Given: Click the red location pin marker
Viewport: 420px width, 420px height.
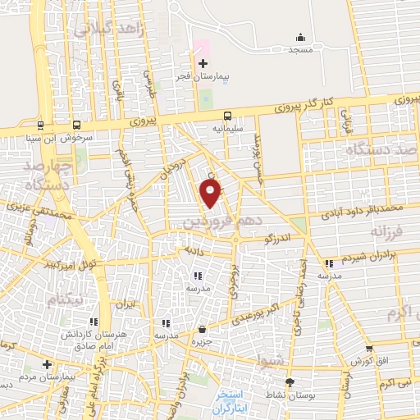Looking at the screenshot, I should [x=211, y=194].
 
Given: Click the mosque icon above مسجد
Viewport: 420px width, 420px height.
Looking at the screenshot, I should [x=300, y=37].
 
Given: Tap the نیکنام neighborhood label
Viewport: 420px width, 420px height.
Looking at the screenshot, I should [x=65, y=301].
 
